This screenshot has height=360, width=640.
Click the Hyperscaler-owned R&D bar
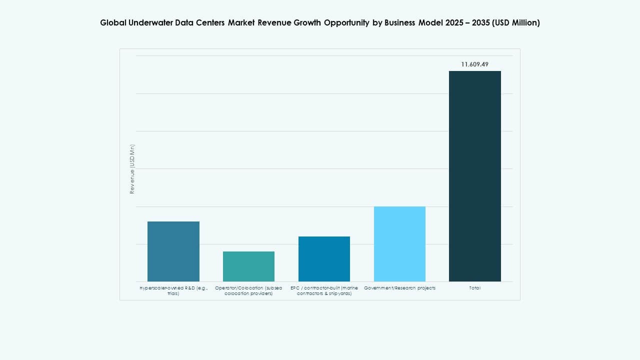[x=173, y=251]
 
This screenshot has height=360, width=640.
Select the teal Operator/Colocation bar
[x=248, y=266]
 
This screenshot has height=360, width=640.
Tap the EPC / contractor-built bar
[x=324, y=258]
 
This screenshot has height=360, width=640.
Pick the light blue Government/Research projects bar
[x=399, y=243]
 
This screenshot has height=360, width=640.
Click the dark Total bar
[x=474, y=176]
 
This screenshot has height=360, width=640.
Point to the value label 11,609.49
[x=474, y=64]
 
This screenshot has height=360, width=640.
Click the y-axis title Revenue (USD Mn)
[x=132, y=169]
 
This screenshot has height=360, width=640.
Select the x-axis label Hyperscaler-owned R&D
[x=173, y=290]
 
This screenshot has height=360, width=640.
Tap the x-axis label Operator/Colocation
[x=248, y=290]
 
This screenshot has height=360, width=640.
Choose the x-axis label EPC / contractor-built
[x=324, y=290]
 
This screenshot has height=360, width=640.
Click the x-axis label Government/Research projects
[x=399, y=288]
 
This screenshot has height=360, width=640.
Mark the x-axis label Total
[x=474, y=288]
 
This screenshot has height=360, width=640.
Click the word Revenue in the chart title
[x=274, y=22]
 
